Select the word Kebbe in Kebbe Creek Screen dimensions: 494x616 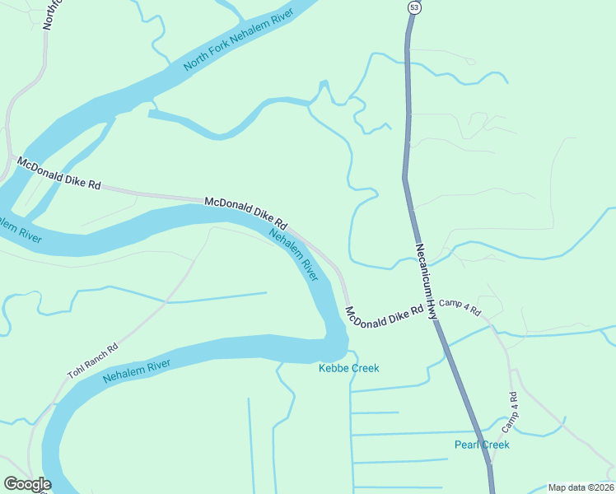pyautogui.click(x=334, y=368)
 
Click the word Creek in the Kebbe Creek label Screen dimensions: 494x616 pyautogui.click(x=365, y=368)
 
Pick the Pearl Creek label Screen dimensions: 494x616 pyautogui.click(x=482, y=445)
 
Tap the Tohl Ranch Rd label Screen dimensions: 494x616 pyautogui.click(x=92, y=361)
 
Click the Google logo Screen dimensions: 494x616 pyautogui.click(x=27, y=483)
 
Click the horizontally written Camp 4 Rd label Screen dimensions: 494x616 pyautogui.click(x=460, y=305)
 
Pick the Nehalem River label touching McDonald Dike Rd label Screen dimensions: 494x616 pyautogui.click(x=294, y=254)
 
